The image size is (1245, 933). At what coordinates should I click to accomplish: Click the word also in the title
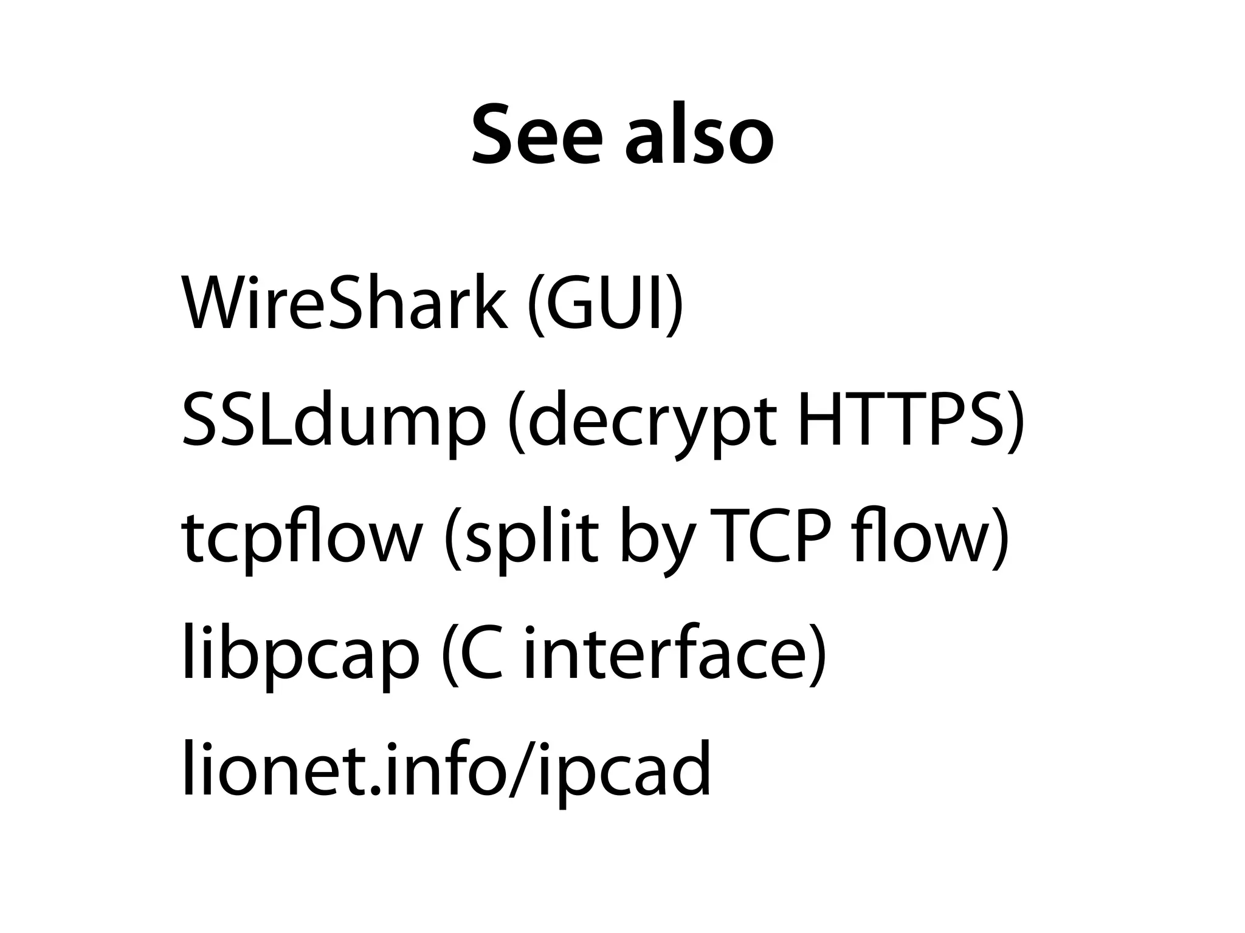(x=699, y=135)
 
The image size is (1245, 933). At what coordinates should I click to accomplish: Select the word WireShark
(x=343, y=303)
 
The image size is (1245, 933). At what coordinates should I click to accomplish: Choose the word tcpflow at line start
(x=301, y=538)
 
